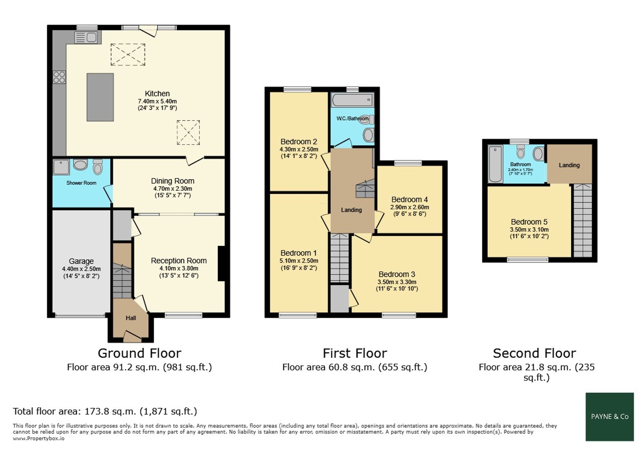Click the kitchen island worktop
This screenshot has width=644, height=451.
100,97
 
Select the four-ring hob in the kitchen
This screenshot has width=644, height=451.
59,77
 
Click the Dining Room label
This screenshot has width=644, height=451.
173,181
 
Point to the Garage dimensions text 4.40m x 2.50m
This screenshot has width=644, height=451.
81,269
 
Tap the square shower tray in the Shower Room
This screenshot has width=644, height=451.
61,167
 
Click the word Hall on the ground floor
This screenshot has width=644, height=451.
131,318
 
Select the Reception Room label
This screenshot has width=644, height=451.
179,260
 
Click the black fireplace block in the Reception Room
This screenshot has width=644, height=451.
221,264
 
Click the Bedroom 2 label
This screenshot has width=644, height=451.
299,142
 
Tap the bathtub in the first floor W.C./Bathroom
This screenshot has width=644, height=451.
353,100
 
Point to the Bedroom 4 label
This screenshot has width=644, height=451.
410,199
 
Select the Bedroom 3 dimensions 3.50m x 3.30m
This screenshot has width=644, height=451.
397,282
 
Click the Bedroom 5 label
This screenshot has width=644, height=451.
529,222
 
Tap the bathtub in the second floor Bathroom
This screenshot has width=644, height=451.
495,164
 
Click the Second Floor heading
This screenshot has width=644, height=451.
535,353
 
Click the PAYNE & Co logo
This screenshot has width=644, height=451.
610,417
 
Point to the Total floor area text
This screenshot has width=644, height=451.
105,411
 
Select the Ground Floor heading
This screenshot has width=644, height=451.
139,353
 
